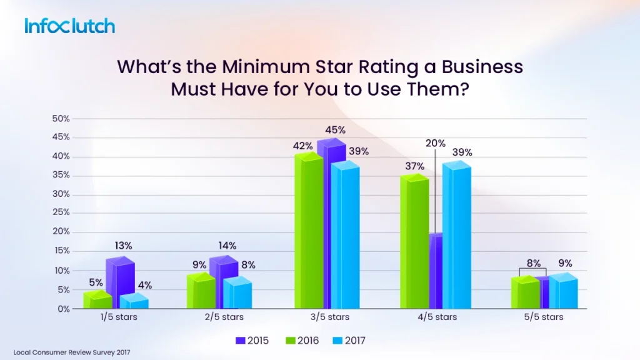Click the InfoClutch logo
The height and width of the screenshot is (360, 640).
70,26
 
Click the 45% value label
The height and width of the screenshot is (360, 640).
335,130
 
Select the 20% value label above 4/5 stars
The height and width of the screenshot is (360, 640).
435,142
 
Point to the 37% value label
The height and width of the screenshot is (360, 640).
414,166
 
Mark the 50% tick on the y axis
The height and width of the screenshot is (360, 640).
61,118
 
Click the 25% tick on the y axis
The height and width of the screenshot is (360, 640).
61,213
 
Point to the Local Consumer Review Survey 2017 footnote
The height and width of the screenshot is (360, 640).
72,352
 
